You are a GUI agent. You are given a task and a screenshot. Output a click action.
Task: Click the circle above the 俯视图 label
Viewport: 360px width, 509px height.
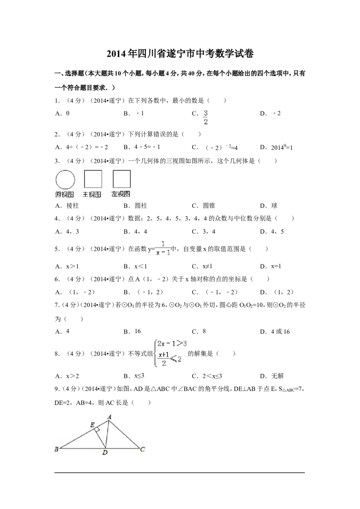coord(65,180)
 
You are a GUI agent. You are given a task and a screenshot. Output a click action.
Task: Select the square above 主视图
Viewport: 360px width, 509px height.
coord(93,179)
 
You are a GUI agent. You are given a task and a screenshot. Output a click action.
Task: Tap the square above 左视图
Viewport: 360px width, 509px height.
coord(121,179)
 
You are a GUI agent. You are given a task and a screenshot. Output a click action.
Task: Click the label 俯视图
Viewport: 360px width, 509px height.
coord(65,194)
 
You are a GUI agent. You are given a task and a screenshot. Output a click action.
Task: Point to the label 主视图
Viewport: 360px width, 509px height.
coord(92,194)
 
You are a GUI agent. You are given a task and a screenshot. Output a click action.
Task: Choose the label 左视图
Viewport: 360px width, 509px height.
coord(121,194)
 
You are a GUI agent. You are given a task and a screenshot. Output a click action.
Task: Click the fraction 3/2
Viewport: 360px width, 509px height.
coord(206,118)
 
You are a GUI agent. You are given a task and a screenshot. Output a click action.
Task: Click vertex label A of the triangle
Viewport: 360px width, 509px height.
coord(109,417)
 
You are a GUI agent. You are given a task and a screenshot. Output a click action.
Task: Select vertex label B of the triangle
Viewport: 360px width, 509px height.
coord(56,449)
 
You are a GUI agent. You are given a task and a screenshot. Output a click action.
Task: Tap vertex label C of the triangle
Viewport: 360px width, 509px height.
coord(142,449)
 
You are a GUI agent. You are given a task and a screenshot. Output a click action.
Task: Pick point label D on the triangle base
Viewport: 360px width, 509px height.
coord(104,453)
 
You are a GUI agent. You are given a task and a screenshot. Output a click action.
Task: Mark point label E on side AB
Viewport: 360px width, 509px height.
coord(92,425)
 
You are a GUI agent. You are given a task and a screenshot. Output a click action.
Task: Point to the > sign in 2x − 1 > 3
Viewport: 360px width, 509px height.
coord(180,344)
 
